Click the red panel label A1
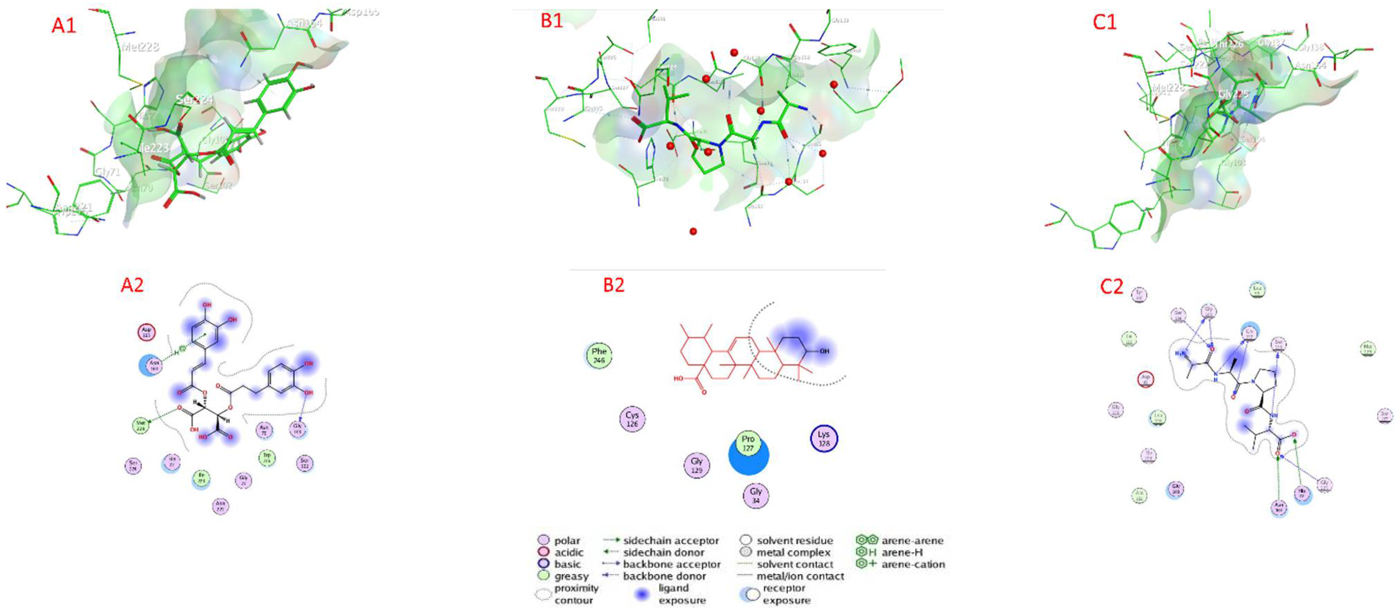pos(64,25)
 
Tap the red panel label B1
pos(551,21)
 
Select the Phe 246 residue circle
pos(599,356)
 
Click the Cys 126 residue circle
pos(632,419)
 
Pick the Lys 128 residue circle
pos(823,439)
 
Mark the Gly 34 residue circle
pos(755,496)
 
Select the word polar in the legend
pos(567,541)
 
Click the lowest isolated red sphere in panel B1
pos(693,231)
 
